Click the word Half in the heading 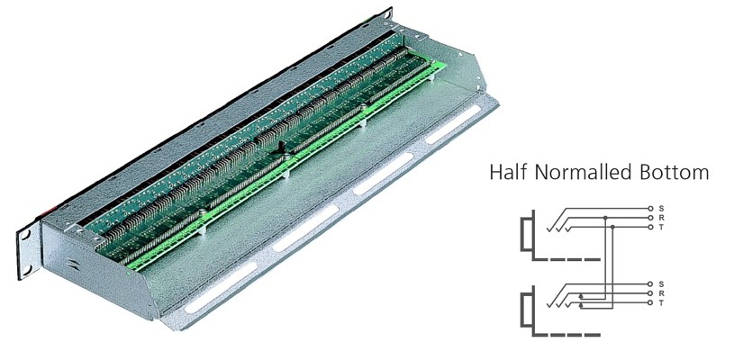[x=509, y=172]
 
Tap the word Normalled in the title [x=582, y=172]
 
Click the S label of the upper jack [x=661, y=208]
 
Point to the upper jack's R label [x=661, y=218]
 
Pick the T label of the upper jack [x=661, y=227]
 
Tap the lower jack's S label [x=661, y=283]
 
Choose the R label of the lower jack [x=661, y=293]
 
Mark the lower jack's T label [x=661, y=303]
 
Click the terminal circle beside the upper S [x=649, y=208]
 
